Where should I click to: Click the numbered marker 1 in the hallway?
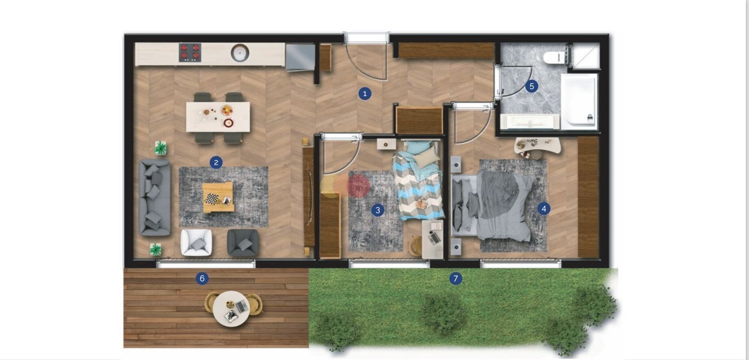pos(365,94)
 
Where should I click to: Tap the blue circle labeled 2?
pos(216,162)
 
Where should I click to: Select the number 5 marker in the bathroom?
pos(532,86)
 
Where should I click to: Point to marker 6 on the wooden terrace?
pos(202,279)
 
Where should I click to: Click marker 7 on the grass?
pos(456,279)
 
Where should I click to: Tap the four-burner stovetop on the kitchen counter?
pos(190,52)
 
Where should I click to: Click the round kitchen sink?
pos(240,53)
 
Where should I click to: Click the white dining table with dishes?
pos(218,117)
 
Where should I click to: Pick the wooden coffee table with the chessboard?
pos(218,197)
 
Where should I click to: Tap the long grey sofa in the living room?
pos(154,197)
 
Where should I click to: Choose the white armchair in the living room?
pos(196,242)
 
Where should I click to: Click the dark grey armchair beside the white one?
pos(243,242)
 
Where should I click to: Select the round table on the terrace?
pos(231,308)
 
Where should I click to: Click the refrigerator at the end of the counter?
pos(300,57)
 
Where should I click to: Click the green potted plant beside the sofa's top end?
pos(161,148)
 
